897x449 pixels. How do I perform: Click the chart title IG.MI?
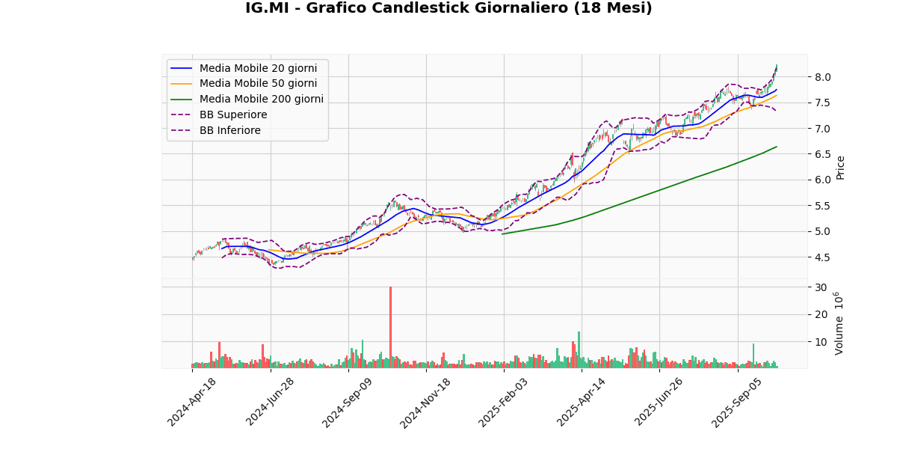[449, 8]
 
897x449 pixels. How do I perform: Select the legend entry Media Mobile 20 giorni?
[258, 68]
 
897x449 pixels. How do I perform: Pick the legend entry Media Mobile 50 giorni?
[258, 84]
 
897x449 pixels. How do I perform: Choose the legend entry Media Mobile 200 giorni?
[261, 100]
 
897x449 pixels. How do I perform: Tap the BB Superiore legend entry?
[232, 115]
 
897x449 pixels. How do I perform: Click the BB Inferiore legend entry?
[229, 131]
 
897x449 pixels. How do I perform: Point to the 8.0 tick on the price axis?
[822, 77]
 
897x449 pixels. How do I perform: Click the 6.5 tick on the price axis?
[822, 154]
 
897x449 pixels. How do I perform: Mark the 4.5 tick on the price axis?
[822, 257]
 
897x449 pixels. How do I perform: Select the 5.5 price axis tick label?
[822, 206]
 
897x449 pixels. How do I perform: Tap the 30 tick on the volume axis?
[821, 287]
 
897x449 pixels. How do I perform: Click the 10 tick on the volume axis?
[821, 342]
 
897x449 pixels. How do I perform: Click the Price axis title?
[840, 168]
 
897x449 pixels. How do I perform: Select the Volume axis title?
[839, 323]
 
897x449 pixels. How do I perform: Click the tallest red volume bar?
[390, 327]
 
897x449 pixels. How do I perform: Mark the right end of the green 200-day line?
[777, 147]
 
